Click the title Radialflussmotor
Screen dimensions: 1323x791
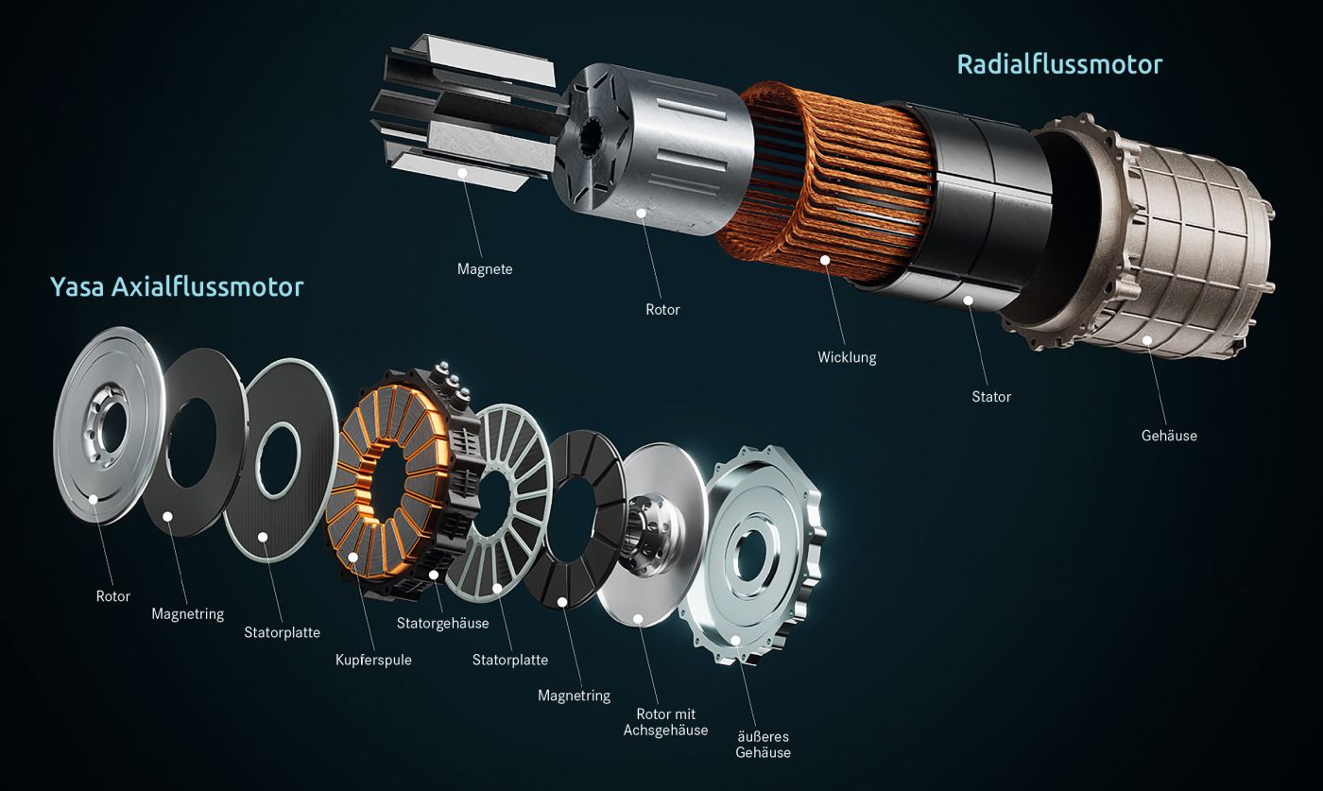tap(1059, 64)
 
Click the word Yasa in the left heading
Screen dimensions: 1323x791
tap(77, 286)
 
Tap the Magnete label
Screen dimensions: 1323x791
tap(485, 269)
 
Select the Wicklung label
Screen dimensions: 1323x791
tap(847, 357)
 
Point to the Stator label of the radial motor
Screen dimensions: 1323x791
tap(991, 396)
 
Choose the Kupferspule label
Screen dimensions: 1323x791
tap(373, 660)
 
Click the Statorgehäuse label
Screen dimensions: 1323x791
tap(443, 623)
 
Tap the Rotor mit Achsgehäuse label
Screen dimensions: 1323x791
tap(665, 722)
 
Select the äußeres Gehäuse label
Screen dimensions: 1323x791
tap(764, 745)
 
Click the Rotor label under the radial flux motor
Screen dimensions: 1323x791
tap(662, 310)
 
